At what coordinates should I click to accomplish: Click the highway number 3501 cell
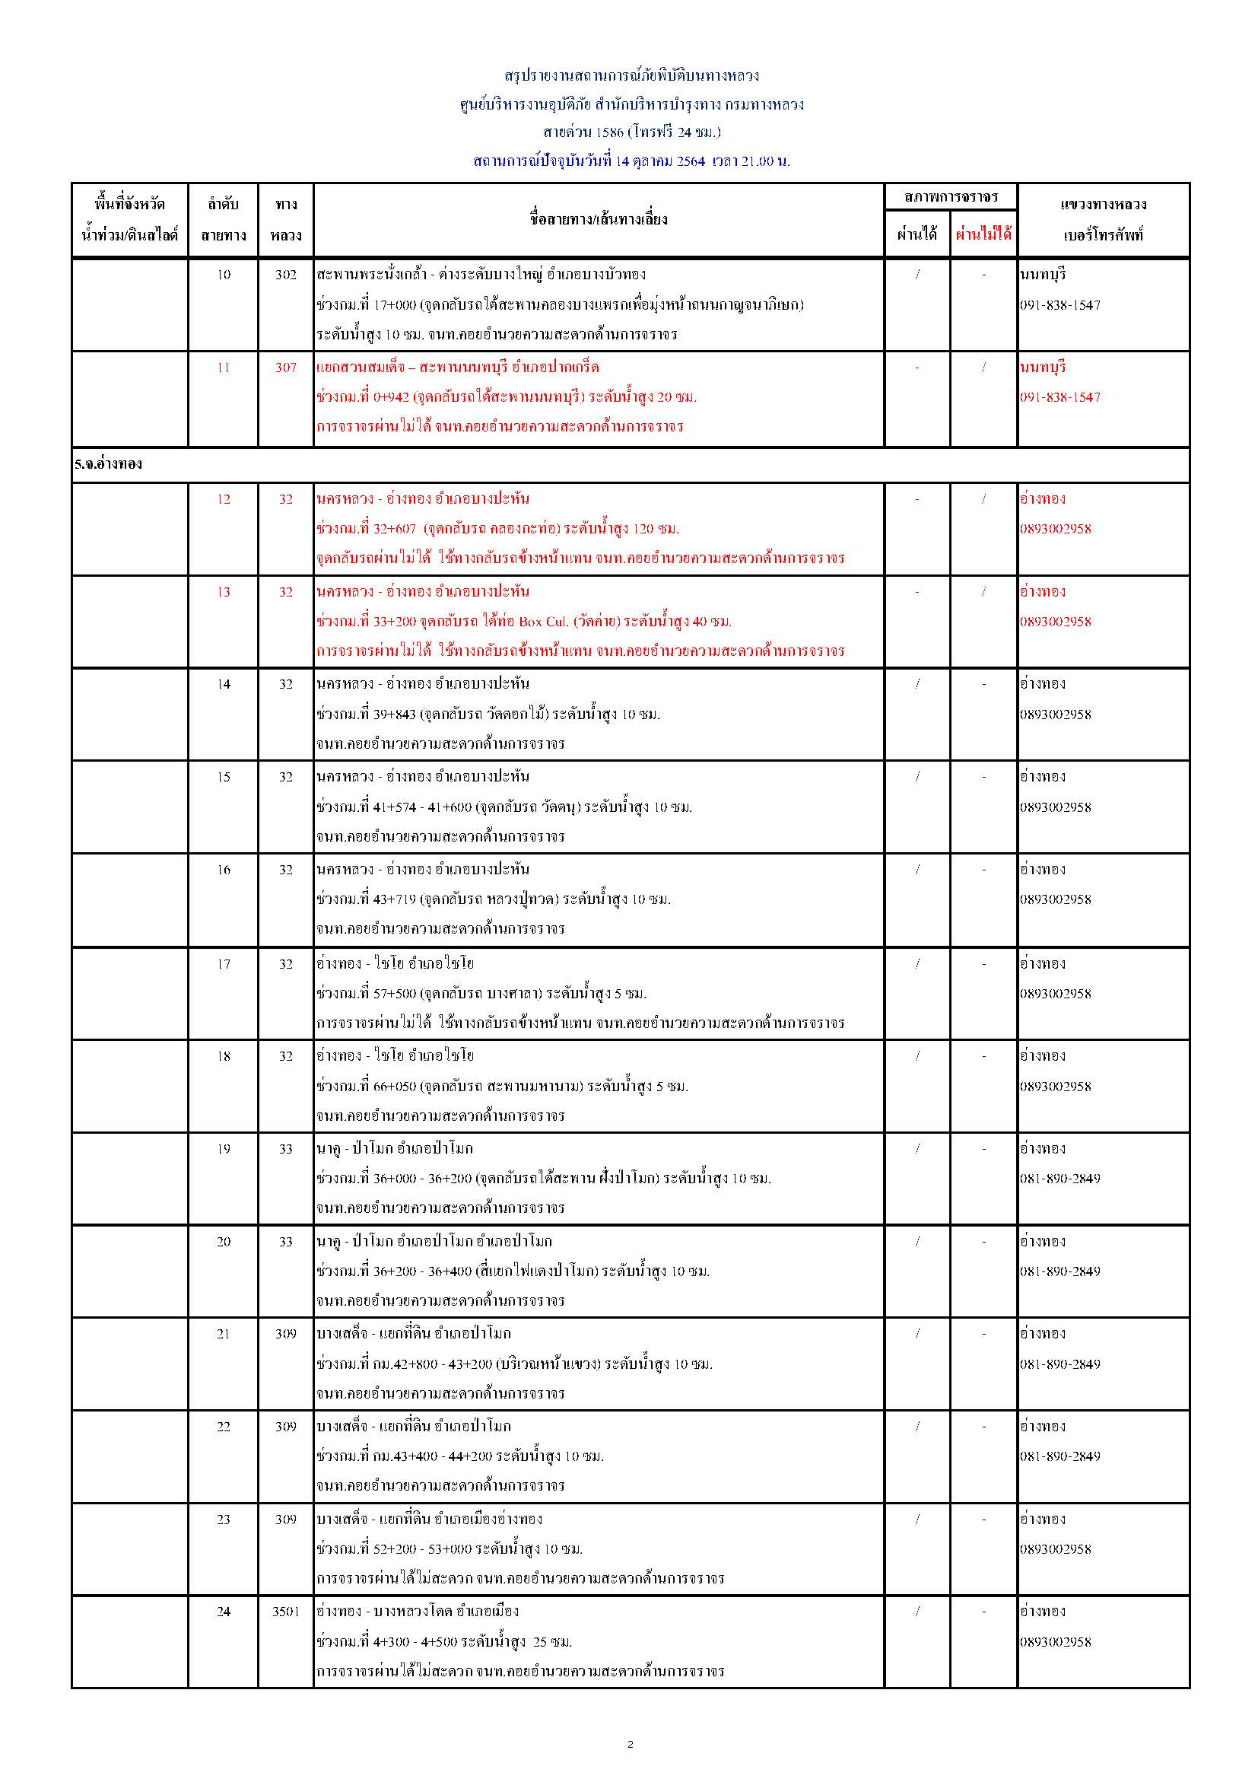(x=285, y=1611)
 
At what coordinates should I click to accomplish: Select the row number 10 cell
(x=223, y=274)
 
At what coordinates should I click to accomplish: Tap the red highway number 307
(x=285, y=368)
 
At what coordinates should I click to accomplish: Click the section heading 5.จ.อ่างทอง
(x=109, y=464)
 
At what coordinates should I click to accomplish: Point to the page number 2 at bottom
(x=630, y=1744)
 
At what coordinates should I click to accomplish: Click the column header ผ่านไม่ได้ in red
(x=983, y=234)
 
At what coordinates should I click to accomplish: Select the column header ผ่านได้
(x=917, y=234)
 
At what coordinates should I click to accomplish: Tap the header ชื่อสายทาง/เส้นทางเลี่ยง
(x=598, y=219)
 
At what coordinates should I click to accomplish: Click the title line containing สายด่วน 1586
(x=631, y=132)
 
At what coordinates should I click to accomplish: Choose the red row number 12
(x=223, y=499)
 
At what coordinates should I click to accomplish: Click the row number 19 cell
(x=223, y=1148)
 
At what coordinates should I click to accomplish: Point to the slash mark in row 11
(x=983, y=368)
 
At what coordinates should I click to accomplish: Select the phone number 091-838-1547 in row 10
(x=1059, y=304)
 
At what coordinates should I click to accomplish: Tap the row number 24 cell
(x=223, y=1611)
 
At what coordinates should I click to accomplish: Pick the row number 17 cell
(x=223, y=964)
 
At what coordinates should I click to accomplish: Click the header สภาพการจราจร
(x=951, y=197)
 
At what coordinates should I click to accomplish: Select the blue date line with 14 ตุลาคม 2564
(x=631, y=161)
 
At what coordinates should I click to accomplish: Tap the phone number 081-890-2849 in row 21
(x=1059, y=1364)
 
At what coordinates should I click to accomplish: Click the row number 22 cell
(x=223, y=1427)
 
